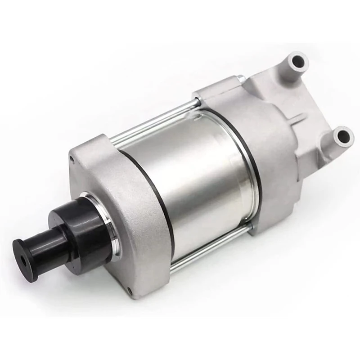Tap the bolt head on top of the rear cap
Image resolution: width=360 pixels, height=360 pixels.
point(242,79)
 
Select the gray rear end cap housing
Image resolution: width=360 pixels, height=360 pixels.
point(270,135)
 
